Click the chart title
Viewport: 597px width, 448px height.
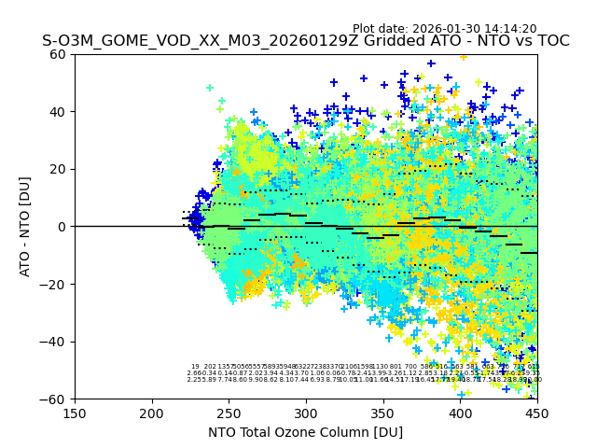coord(306,42)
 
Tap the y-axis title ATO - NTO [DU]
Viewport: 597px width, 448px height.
coord(25,226)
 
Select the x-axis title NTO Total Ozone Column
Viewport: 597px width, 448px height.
coord(305,432)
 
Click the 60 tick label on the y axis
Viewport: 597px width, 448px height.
coord(59,54)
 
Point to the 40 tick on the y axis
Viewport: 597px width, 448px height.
coord(59,112)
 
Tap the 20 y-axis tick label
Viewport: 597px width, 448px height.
coord(59,169)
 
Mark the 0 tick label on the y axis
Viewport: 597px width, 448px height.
coord(62,227)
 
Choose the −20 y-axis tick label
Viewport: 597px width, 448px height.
coord(54,284)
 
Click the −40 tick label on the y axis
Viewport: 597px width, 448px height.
coord(54,342)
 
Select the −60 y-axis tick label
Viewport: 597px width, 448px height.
coord(54,399)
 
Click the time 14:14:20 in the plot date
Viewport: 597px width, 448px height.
coord(510,29)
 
